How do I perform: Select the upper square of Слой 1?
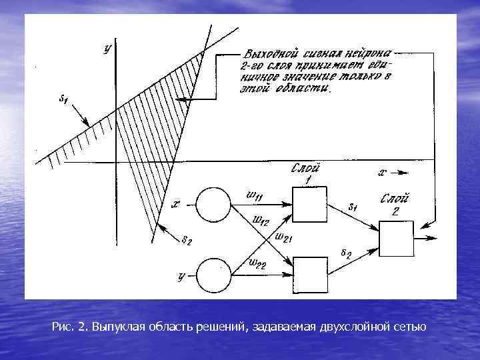(310, 203)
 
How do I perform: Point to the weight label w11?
(255, 195)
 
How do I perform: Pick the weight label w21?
(283, 238)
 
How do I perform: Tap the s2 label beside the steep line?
(189, 241)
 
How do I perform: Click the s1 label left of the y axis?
(63, 101)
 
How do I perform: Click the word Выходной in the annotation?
(267, 53)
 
